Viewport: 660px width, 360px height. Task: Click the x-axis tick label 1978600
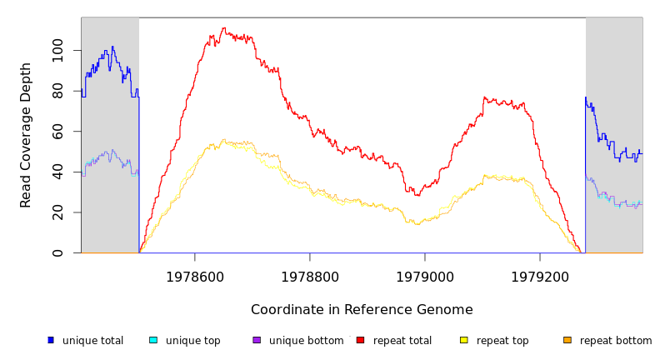click(195, 277)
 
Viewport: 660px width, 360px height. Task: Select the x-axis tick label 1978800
click(310, 277)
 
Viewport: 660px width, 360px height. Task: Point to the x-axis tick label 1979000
click(425, 277)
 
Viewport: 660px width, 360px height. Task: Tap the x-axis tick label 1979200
click(540, 277)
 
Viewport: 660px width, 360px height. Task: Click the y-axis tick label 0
click(57, 252)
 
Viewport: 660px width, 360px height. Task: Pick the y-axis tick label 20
click(57, 212)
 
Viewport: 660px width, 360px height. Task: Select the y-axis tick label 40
click(57, 172)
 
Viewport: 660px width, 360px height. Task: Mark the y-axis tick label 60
click(57, 132)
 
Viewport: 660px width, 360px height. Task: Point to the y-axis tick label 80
click(57, 91)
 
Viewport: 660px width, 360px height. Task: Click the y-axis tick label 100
click(57, 51)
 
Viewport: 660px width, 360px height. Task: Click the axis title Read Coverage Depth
click(26, 135)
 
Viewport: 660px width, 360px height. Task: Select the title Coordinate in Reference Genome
click(362, 310)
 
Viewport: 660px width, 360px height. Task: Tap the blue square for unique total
click(51, 340)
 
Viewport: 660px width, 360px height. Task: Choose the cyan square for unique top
click(153, 340)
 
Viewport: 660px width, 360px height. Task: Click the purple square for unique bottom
click(257, 340)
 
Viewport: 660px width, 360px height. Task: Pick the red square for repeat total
click(361, 340)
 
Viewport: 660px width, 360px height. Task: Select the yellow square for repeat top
click(464, 340)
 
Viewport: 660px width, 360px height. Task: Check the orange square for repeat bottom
click(567, 340)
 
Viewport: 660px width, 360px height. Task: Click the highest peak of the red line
click(223, 28)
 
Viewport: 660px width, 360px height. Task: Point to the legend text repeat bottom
click(616, 341)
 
